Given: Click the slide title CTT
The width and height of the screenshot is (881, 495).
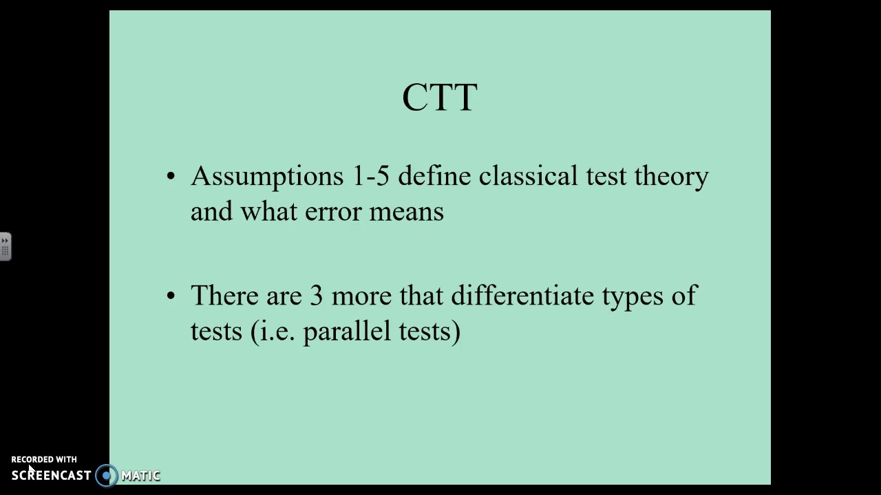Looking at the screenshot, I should (x=440, y=98).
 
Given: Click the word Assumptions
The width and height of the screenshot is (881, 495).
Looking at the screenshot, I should (x=266, y=177).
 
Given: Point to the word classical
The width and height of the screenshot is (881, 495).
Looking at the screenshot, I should (x=528, y=176).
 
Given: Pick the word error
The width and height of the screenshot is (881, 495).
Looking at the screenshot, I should (x=333, y=212).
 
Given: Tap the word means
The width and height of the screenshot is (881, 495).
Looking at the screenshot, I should (x=406, y=212).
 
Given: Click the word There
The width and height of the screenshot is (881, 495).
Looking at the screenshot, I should (x=224, y=296).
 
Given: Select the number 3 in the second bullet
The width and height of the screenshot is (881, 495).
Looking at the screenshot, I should (x=316, y=296).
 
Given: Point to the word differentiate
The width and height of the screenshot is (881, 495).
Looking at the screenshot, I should (x=522, y=296).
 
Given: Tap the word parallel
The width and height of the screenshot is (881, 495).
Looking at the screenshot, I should (x=346, y=331).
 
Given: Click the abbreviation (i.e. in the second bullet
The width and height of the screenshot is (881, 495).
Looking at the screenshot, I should (x=273, y=331).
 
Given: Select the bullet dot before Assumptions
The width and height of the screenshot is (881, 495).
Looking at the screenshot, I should (x=171, y=177).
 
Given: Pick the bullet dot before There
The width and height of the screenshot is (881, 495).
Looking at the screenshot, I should (x=171, y=296).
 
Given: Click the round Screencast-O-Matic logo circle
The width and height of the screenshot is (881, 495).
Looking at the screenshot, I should (x=107, y=475).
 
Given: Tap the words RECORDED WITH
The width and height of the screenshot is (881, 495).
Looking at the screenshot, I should (x=44, y=459).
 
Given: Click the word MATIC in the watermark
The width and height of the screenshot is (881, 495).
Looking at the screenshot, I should (x=140, y=475).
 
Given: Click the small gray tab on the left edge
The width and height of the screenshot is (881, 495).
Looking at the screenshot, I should (x=5, y=246).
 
